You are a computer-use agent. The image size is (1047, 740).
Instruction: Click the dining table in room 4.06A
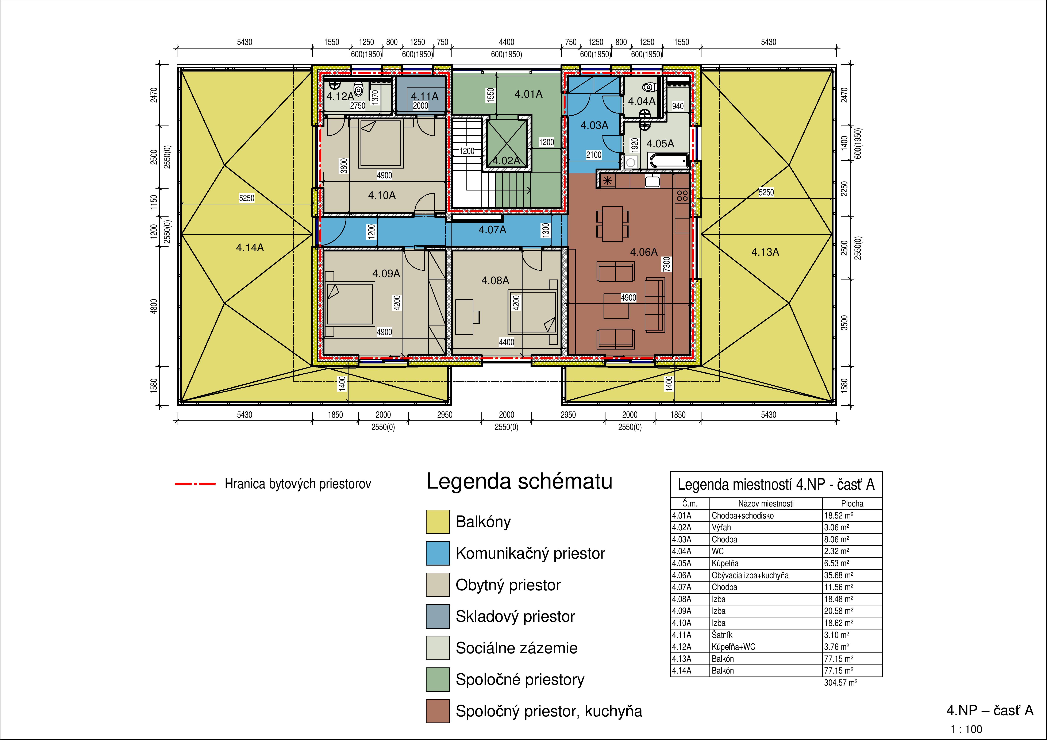click(x=612, y=224)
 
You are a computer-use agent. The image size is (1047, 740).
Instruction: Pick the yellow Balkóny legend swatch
click(x=438, y=522)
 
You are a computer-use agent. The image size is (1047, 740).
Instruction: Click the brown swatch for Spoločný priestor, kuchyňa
click(x=438, y=711)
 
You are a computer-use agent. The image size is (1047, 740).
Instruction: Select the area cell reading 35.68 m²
click(x=838, y=575)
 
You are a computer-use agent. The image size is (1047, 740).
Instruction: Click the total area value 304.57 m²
click(x=840, y=683)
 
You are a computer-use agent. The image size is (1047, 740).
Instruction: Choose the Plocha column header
click(x=852, y=503)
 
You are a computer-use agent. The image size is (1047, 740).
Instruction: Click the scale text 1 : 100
click(x=966, y=729)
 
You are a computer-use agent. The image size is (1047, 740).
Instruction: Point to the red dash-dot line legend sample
click(x=195, y=484)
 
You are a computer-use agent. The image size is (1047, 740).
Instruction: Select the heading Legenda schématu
click(x=519, y=481)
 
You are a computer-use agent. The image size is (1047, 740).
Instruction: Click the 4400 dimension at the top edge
click(x=506, y=42)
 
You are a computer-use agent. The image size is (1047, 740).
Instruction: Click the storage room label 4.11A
click(x=424, y=96)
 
